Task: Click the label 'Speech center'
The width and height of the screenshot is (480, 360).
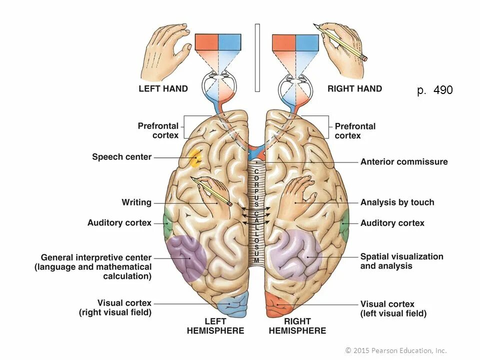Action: point(121,157)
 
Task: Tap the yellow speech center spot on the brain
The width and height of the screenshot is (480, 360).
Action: point(195,158)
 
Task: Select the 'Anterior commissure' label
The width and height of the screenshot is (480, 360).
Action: point(404,162)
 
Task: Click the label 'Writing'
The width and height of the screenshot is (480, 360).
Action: point(136,202)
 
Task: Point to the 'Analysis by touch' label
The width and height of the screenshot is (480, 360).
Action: point(397,202)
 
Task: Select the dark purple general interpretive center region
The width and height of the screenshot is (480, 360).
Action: point(186,256)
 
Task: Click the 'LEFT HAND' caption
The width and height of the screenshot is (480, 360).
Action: point(163,89)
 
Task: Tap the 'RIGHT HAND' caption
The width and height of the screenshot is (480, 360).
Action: point(354,89)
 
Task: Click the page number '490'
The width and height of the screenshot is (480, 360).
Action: point(443,90)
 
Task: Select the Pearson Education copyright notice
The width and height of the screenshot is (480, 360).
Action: point(396,350)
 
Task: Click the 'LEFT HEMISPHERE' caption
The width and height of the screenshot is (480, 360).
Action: point(215,325)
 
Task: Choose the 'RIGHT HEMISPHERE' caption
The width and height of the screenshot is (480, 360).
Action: point(297,325)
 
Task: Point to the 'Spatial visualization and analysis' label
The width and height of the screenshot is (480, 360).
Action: point(401,261)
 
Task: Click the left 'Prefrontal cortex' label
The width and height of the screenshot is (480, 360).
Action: point(158,130)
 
